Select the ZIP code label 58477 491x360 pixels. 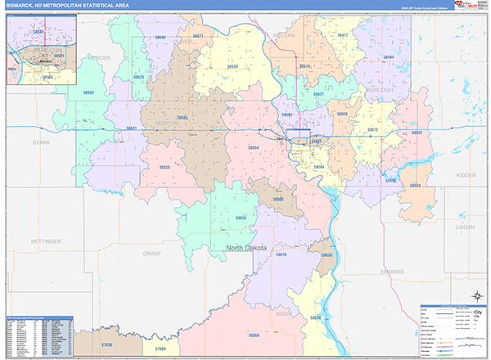coord(343,35)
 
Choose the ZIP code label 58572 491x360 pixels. coord(372,130)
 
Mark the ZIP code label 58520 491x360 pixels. coord(164,167)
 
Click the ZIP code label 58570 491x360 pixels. coord(282,255)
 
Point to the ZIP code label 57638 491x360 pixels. coord(107,346)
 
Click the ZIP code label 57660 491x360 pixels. coord(160,349)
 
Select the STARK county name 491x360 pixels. coord(41,142)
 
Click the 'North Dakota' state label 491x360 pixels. coord(250,246)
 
